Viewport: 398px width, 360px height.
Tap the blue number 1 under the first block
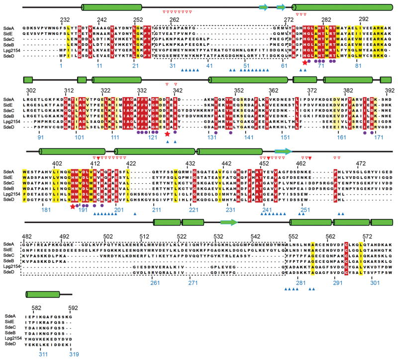click(x=61, y=66)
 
